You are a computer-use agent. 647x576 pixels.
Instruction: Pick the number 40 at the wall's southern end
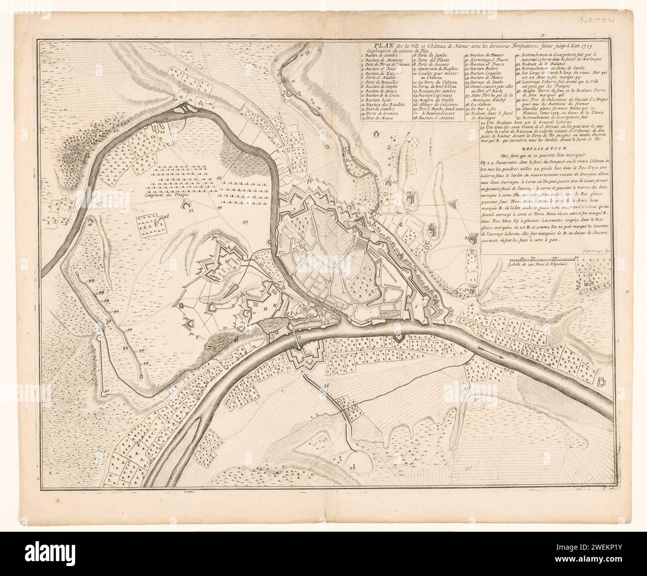pyautogui.click(x=107, y=391)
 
